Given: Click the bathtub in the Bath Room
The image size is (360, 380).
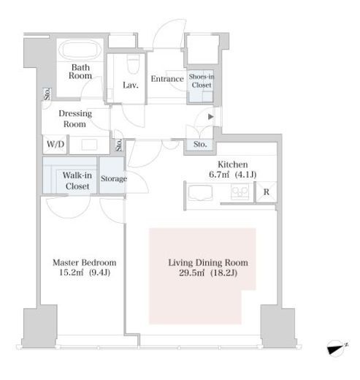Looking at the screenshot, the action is click(80, 50).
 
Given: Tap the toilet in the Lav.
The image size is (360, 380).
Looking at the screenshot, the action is click(133, 64).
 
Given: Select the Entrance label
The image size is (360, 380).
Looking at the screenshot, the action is click(167, 79).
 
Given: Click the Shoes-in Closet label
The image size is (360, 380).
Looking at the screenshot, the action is click(202, 81).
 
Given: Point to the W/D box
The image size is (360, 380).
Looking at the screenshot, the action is click(55, 144).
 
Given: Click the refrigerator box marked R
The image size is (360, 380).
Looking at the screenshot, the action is click(267, 192).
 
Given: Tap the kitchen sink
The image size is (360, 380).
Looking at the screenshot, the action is click(199, 193).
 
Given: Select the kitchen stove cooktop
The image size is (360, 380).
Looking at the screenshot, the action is click(240, 191).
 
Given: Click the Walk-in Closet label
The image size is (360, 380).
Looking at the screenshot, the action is click(77, 180).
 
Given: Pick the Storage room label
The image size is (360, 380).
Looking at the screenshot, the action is click(114, 178).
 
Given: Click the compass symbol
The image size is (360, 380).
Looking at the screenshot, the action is click(337, 349).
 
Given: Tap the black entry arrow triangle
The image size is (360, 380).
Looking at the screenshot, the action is click(211, 117).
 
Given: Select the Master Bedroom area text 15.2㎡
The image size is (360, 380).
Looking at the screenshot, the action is click(72, 273).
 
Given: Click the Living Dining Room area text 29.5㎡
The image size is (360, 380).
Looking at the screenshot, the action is click(192, 273).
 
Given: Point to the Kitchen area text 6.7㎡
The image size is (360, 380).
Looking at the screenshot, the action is click(219, 175).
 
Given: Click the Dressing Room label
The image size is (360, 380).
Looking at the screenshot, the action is click(75, 118).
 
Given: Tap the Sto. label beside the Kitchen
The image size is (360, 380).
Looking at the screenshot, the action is click(200, 144).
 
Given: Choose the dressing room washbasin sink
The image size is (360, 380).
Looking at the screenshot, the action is click(89, 145).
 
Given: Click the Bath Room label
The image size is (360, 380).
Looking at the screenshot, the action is click(80, 72).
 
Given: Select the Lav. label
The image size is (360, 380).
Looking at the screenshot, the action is click(131, 85).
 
